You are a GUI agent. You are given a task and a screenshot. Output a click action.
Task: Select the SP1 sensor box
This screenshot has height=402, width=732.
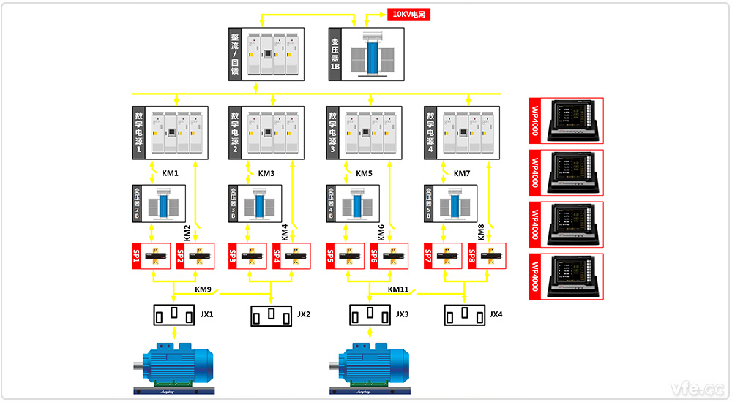[x=151, y=257]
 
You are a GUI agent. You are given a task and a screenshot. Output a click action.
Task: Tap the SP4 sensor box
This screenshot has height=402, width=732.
[x=291, y=257]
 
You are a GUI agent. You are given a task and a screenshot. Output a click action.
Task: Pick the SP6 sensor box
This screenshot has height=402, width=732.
[x=389, y=257]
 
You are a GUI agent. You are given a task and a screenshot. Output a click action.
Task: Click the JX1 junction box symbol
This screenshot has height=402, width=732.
[x=174, y=315]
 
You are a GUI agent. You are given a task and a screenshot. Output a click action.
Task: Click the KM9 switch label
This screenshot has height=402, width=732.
[x=203, y=289]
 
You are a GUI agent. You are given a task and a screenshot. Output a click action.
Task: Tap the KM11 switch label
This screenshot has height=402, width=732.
[x=398, y=289]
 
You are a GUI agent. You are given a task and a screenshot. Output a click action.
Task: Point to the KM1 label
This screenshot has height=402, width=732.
[x=170, y=174]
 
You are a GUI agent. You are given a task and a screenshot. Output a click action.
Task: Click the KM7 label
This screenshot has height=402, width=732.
[x=462, y=174]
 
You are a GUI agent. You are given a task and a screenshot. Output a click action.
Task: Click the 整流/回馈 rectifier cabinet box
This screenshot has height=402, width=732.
[x=264, y=53]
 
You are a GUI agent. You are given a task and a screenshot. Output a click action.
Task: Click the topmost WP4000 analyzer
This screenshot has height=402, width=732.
[x=566, y=121]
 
